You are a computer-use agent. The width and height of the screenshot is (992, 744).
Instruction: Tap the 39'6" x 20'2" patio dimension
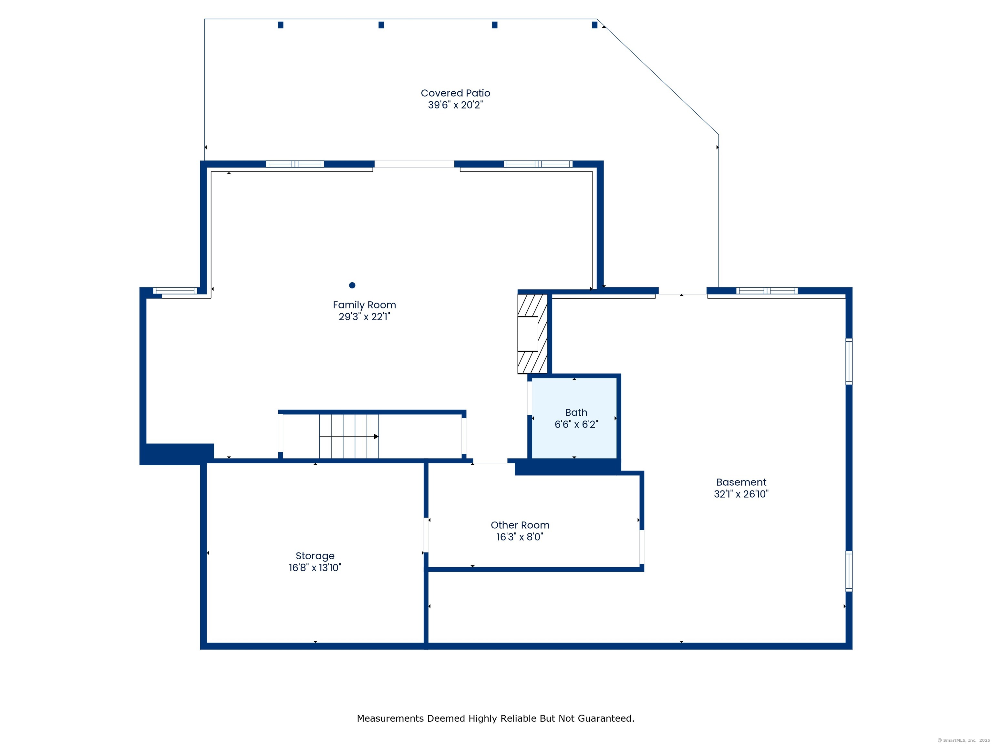[455, 105]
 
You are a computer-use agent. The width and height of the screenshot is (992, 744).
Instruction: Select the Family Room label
[364, 305]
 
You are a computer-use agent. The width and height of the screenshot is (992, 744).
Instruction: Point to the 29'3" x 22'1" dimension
[364, 316]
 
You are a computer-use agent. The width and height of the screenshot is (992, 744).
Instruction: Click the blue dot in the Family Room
[352, 285]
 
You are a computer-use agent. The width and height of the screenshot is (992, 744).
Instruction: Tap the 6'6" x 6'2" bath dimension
[576, 424]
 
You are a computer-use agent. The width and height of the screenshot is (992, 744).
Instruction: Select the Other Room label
[520, 525]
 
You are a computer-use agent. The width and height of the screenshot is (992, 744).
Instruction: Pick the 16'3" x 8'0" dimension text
[520, 537]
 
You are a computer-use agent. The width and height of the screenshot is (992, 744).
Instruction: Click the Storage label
[315, 556]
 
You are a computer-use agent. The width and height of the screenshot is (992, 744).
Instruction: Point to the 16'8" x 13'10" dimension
[315, 568]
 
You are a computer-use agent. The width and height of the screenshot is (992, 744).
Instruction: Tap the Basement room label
[741, 482]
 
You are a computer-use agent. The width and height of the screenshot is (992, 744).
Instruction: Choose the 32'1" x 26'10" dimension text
[741, 494]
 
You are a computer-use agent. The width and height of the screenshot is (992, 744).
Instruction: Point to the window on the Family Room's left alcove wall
[175, 291]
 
